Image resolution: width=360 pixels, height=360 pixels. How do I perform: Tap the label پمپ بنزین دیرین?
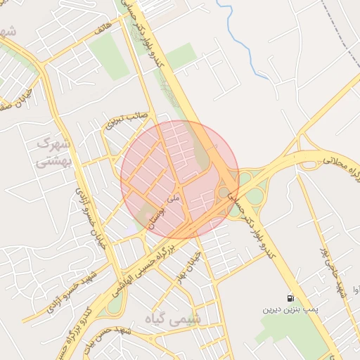tap(291, 309)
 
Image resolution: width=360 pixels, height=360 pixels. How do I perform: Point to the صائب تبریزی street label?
tap(124, 121)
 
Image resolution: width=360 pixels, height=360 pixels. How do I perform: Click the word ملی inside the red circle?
tap(175, 199)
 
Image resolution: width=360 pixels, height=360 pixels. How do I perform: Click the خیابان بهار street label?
tap(193, 261)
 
